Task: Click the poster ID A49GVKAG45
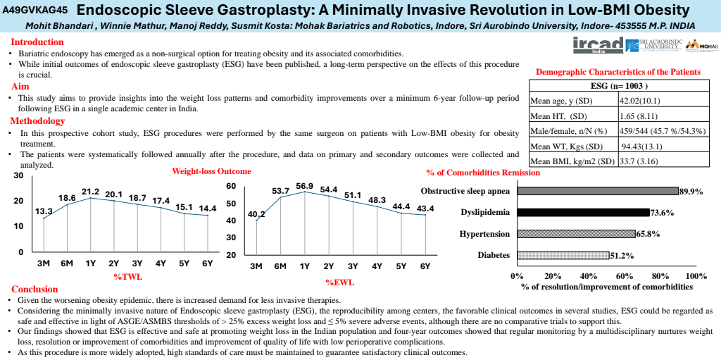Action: point(35,11)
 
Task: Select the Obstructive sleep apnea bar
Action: point(597,191)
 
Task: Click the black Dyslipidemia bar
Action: point(582,212)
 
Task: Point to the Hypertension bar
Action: point(575,234)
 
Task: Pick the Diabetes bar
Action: point(563,255)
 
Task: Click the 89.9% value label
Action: point(691,191)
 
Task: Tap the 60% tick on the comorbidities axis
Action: point(625,276)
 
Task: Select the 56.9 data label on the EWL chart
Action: point(305,186)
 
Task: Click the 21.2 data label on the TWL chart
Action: point(90,191)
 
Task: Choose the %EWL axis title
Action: point(340,283)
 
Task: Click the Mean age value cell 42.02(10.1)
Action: point(639,101)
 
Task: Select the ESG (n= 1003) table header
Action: point(617,86)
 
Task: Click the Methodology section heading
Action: point(37,121)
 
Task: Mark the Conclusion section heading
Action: point(35,289)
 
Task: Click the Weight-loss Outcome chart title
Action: point(211,171)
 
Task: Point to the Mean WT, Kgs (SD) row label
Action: point(565,147)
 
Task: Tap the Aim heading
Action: point(20,86)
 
